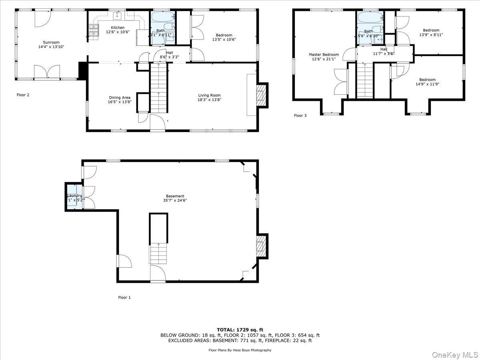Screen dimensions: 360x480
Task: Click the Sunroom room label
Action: [51, 42]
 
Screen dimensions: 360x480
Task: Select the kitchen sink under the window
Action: [117, 16]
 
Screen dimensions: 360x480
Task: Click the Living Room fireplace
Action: [261, 95]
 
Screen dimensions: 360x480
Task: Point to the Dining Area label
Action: [119, 97]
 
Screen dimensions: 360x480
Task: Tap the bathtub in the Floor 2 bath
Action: [163, 18]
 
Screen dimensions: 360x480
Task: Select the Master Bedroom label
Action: [324, 55]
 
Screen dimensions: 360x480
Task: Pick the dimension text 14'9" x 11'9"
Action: [427, 84]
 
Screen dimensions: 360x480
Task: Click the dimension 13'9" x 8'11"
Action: [431, 35]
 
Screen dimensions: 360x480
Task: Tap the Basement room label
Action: [175, 196]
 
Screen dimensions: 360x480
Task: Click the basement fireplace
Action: [261, 245]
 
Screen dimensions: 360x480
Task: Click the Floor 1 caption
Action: [124, 298]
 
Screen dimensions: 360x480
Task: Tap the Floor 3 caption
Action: [300, 116]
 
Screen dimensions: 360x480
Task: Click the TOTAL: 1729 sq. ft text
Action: [240, 330]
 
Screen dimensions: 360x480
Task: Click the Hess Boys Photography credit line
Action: [240, 350]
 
